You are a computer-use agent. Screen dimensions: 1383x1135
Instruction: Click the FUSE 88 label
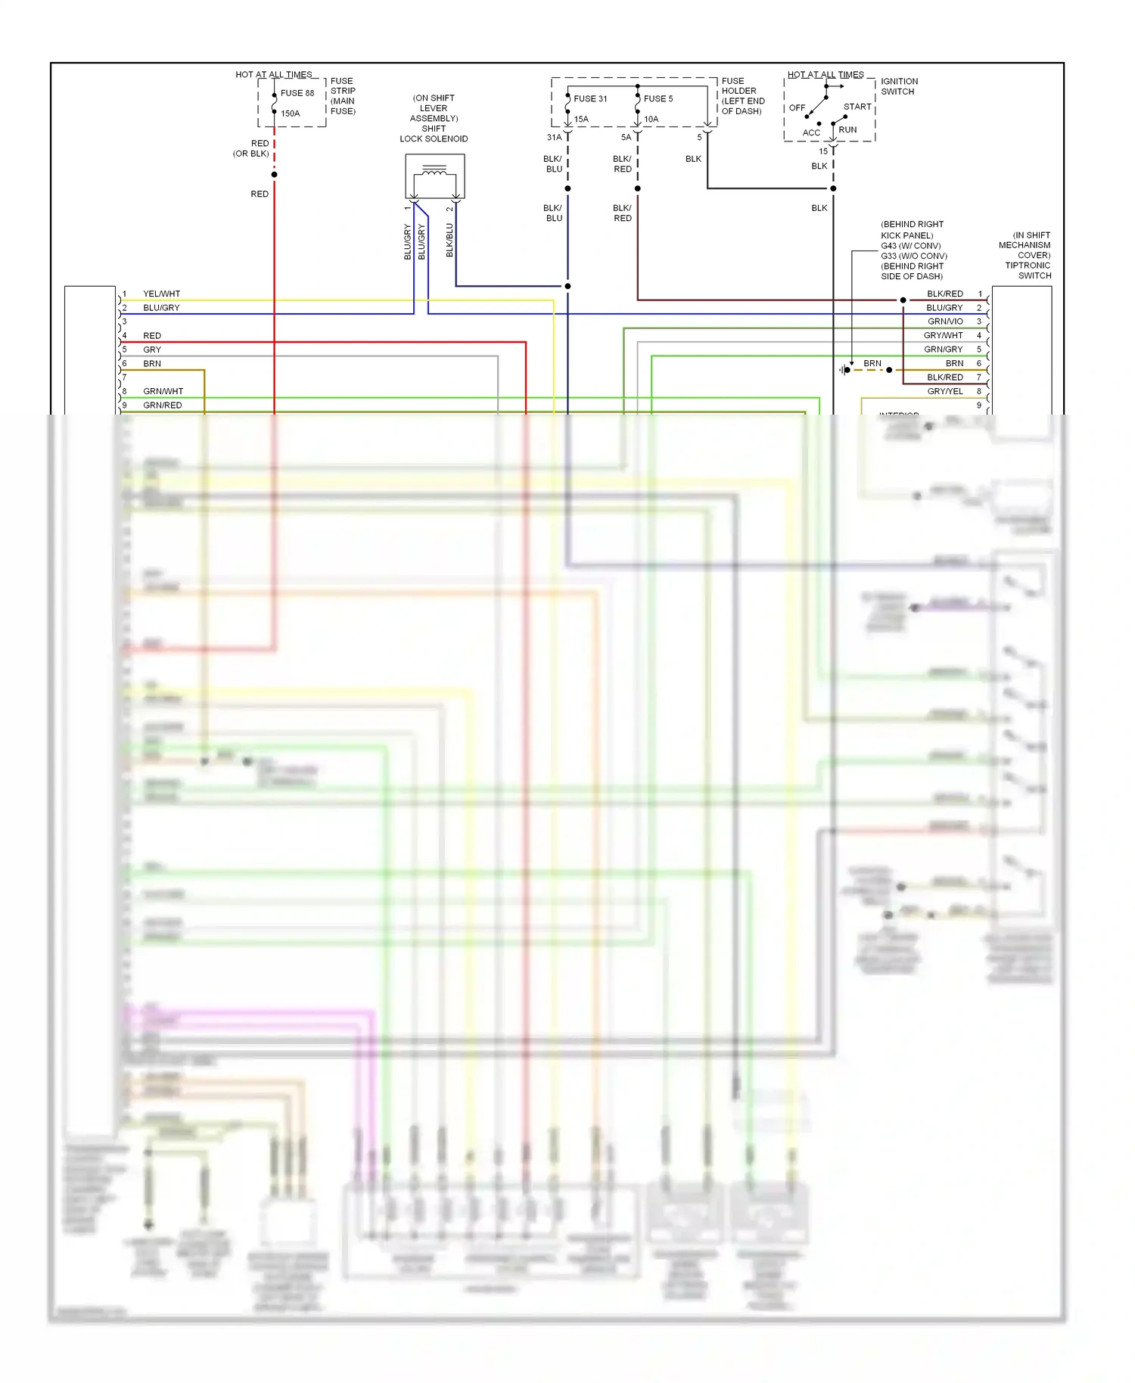tap(297, 93)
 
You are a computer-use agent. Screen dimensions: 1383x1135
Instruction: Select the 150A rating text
tap(291, 113)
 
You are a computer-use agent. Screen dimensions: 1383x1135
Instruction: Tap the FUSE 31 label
tap(590, 98)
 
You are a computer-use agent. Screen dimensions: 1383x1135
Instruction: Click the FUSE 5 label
tap(658, 98)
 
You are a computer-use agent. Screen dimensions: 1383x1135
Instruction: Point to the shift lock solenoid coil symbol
tap(434, 174)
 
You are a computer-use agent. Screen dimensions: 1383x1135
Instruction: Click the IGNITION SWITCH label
tap(899, 86)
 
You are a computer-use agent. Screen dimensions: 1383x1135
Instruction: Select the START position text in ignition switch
tap(857, 107)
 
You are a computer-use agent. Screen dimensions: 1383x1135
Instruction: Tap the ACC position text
tap(811, 132)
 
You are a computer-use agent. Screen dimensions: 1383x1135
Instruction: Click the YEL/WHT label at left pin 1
tap(162, 294)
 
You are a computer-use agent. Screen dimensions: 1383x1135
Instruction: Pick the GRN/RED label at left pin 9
tap(163, 405)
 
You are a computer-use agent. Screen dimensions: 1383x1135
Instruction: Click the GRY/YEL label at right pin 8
tap(945, 391)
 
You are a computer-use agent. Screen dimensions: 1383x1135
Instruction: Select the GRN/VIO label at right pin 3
tap(945, 322)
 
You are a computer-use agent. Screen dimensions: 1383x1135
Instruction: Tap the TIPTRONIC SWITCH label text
tap(1028, 270)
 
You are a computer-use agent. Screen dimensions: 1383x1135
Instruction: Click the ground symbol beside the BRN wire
tap(843, 370)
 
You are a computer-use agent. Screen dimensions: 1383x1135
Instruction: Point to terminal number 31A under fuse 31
tap(554, 138)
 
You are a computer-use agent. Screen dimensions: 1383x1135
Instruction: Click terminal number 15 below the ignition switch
tap(823, 151)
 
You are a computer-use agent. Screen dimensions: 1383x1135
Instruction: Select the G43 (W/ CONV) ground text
tap(910, 246)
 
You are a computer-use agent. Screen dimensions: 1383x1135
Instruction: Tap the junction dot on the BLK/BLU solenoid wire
tap(567, 286)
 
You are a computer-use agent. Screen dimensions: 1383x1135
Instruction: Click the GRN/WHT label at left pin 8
tap(163, 391)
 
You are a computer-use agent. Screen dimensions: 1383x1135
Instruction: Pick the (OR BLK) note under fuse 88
tap(250, 154)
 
